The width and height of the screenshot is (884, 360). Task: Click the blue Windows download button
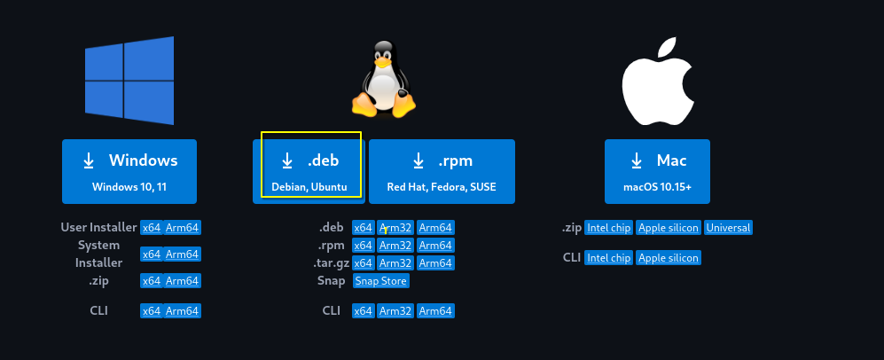(x=129, y=171)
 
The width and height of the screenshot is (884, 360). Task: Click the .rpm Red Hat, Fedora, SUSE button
(x=442, y=171)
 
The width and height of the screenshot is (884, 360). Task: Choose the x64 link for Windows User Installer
(x=152, y=228)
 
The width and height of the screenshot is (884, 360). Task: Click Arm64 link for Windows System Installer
(x=183, y=254)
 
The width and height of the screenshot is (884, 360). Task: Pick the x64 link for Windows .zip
(x=152, y=281)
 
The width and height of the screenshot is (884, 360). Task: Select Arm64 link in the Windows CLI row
(x=183, y=311)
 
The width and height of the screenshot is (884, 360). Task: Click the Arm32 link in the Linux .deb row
(x=395, y=228)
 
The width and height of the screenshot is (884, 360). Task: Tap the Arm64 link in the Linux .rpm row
(x=435, y=246)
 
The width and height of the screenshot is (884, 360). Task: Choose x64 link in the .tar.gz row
(x=363, y=263)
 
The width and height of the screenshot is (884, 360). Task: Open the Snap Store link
(x=380, y=281)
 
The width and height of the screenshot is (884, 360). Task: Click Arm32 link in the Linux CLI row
(x=395, y=311)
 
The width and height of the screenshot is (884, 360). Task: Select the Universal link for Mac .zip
(x=728, y=228)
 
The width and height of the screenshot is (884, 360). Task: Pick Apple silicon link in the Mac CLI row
(x=669, y=258)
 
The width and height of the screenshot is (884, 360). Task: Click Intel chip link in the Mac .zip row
(x=608, y=228)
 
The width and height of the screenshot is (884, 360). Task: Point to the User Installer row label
(x=98, y=228)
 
